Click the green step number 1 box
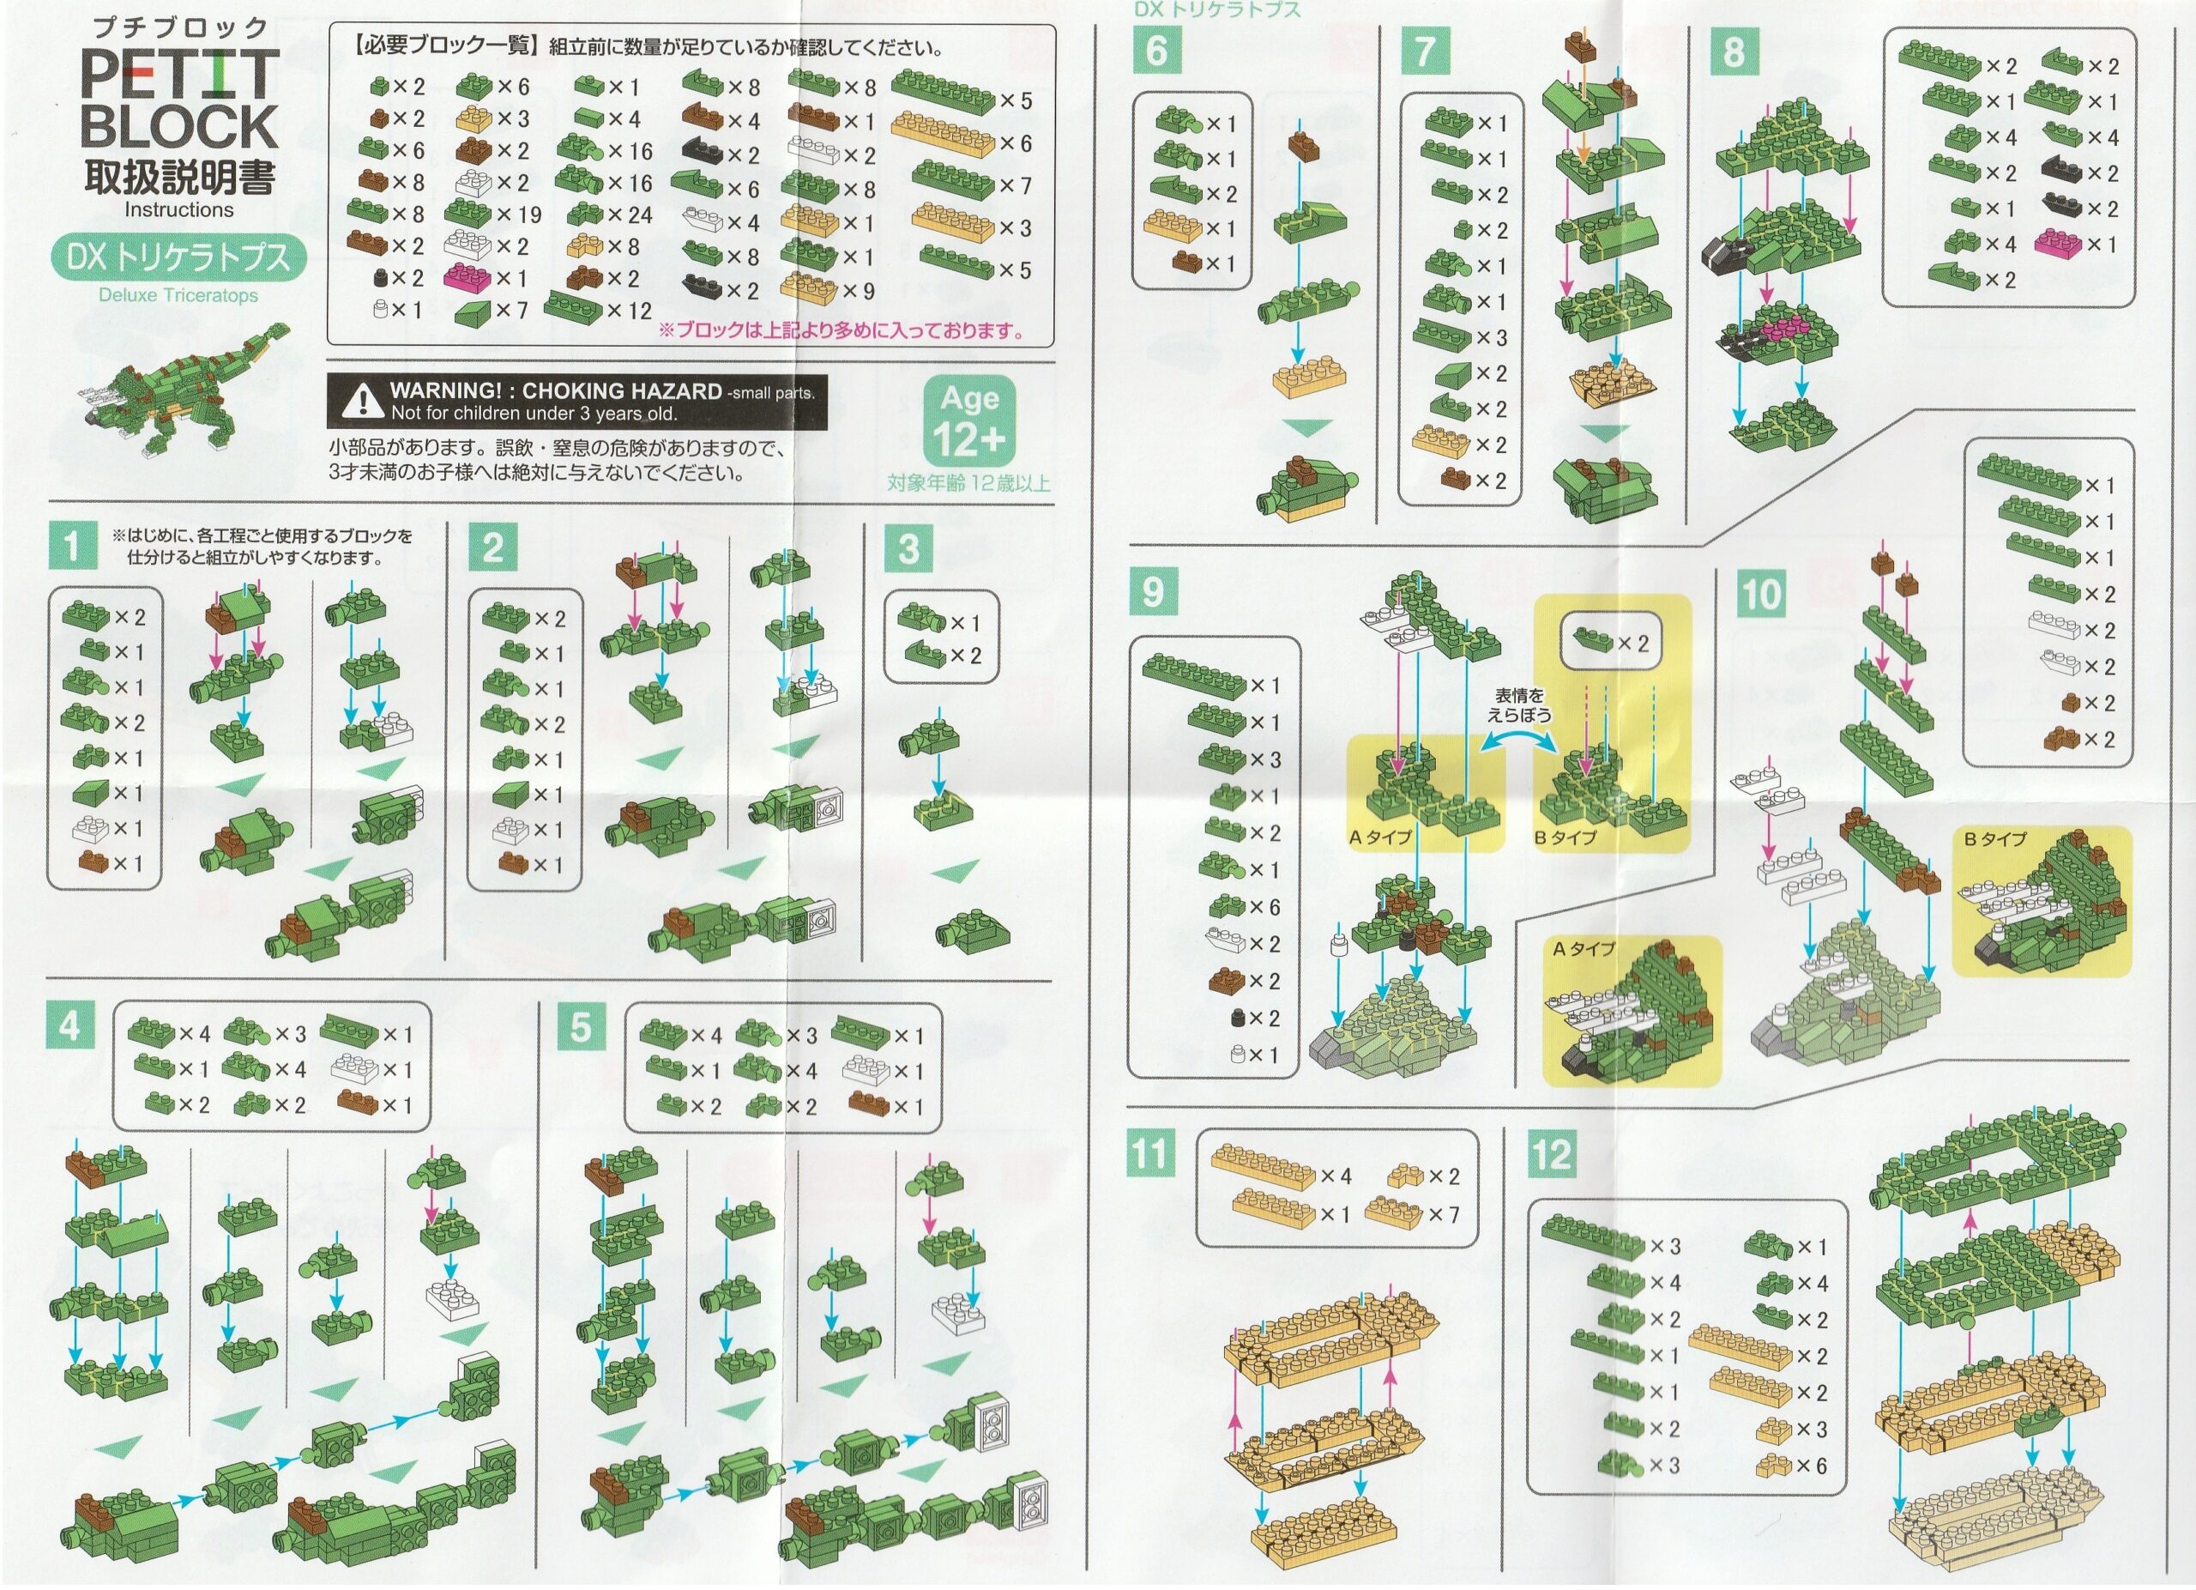coord(72,546)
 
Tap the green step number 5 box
coord(581,1026)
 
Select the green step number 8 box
coord(1733,51)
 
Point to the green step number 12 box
coord(1552,1153)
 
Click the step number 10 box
coord(1760,593)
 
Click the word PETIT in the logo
coord(180,76)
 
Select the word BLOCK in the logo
coord(180,126)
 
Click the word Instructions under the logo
coord(179,209)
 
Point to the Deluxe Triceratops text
coord(178,295)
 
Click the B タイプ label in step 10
coord(1994,839)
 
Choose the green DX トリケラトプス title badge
coord(178,257)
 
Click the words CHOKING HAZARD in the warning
coord(622,392)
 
